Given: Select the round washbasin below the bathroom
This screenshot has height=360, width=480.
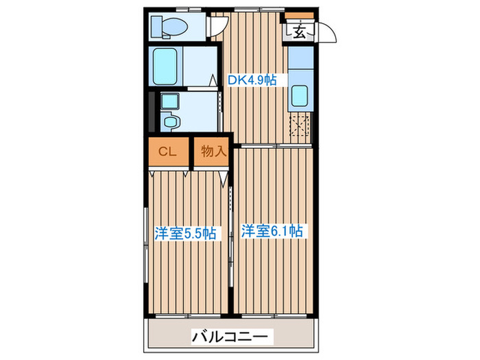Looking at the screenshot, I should click(x=171, y=123).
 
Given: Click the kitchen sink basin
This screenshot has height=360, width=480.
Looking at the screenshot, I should click(x=299, y=97).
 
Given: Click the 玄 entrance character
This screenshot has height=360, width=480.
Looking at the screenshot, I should click(x=301, y=32).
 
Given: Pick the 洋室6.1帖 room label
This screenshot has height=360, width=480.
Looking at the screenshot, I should click(x=272, y=231).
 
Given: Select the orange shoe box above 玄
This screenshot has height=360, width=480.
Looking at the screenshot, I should click(x=300, y=16).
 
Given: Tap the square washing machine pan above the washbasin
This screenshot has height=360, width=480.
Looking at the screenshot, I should click(x=169, y=101).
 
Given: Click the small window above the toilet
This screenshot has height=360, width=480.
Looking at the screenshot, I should click(x=184, y=9).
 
